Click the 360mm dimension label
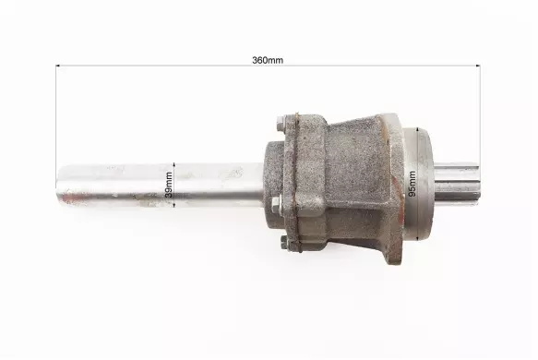point(268,60)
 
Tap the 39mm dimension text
point(169,185)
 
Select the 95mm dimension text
point(412,184)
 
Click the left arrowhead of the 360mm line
point(57,66)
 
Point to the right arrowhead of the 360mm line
point(478,66)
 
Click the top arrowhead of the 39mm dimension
point(174,164)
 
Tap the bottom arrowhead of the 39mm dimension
point(174,205)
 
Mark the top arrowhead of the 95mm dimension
point(417,129)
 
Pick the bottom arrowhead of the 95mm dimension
point(417,238)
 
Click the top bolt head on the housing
point(281,123)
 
